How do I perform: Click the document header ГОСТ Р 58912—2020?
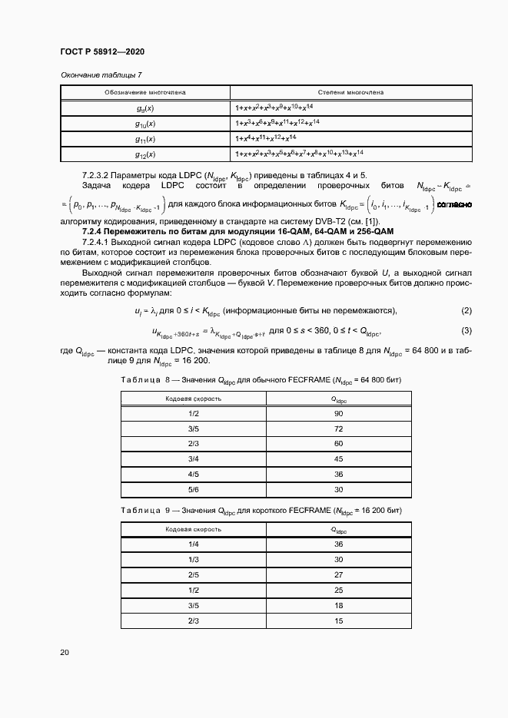(101, 51)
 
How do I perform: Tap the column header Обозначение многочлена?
(145, 92)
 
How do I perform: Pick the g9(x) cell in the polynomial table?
(145, 108)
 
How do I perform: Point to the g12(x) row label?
(145, 154)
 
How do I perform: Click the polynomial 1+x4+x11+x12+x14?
(266, 138)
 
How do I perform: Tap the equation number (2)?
(466, 310)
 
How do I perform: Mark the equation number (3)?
(466, 330)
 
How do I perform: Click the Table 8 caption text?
(261, 380)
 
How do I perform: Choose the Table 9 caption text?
(261, 511)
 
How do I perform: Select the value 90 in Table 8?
(338, 413)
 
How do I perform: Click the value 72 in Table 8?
(338, 428)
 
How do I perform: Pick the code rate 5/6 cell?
(194, 489)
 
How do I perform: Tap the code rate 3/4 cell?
(194, 459)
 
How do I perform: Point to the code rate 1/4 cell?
(194, 544)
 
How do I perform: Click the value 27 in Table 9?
(338, 574)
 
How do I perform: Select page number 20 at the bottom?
(65, 653)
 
